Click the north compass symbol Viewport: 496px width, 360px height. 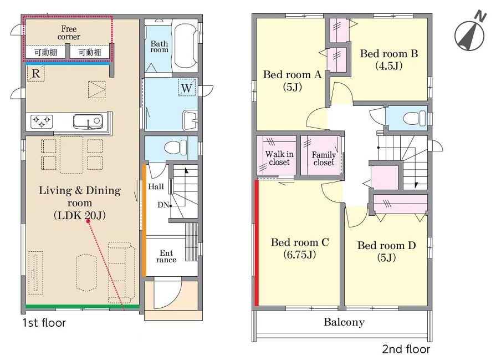[x=470, y=33]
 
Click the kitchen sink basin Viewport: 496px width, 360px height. [x=88, y=121]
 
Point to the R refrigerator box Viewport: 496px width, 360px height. [x=35, y=73]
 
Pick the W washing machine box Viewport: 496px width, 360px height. [x=187, y=88]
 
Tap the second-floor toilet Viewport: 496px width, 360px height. [x=415, y=118]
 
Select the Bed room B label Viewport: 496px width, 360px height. [x=389, y=59]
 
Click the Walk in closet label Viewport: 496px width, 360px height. [x=279, y=158]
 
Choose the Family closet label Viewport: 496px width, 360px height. [x=324, y=159]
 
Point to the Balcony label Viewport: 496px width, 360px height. [x=344, y=322]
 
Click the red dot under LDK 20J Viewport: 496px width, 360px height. [x=88, y=221]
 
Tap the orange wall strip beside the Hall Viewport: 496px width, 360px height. [x=144, y=220]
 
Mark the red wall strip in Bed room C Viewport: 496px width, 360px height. [x=257, y=243]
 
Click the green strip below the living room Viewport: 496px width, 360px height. [x=82, y=306]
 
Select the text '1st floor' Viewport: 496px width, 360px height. [x=44, y=323]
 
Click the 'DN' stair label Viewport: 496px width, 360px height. [x=163, y=205]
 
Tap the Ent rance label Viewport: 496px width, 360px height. [x=166, y=256]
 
